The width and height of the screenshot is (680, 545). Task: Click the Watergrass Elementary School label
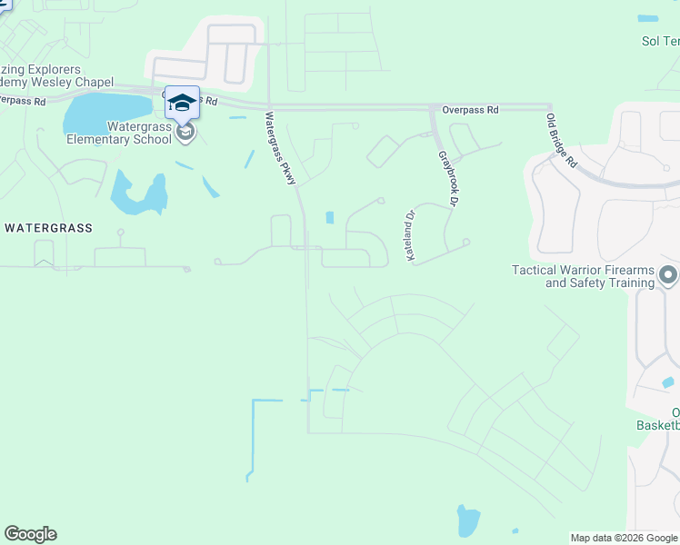tap(118, 133)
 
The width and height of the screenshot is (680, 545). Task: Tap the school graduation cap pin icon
tap(182, 103)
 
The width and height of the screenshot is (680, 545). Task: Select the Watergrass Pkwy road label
tap(281, 149)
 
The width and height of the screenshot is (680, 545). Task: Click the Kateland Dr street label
tap(410, 236)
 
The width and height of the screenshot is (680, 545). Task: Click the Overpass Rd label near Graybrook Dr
tap(470, 110)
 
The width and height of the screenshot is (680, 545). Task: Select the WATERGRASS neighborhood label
tap(48, 228)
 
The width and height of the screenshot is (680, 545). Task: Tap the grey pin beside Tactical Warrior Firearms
tap(668, 274)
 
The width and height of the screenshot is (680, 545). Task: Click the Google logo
tap(30, 534)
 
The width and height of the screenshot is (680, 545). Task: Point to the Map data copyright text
tap(624, 538)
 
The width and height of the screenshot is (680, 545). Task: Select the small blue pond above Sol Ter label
tap(648, 18)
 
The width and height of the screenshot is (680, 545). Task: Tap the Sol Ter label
tap(661, 41)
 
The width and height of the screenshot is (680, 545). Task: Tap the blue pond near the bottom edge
tap(468, 520)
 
